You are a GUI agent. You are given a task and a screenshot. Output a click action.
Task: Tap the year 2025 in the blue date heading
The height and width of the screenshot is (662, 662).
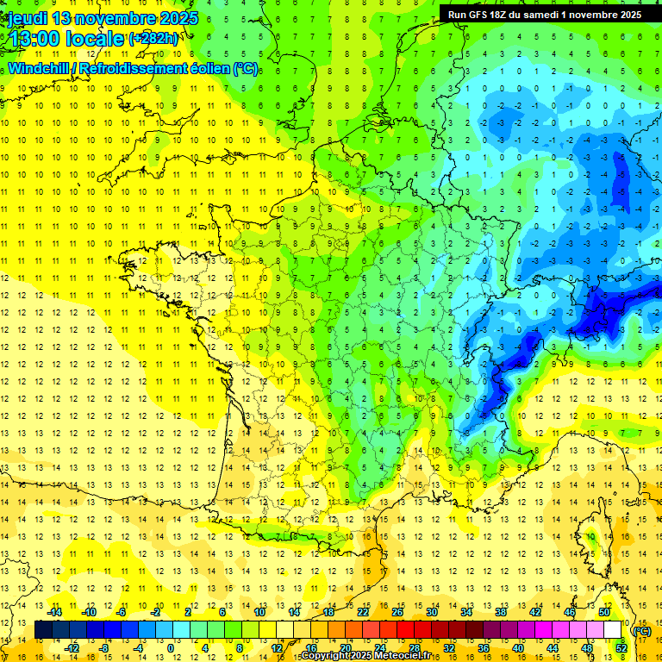point(178,18)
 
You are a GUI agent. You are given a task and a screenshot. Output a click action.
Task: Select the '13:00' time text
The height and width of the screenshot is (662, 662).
point(39,39)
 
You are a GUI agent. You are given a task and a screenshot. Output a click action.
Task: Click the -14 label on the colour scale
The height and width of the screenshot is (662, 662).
point(54,612)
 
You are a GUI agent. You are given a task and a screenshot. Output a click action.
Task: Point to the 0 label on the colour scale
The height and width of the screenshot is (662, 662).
point(170,647)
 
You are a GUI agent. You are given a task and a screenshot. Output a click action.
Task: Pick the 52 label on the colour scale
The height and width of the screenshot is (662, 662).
point(621,647)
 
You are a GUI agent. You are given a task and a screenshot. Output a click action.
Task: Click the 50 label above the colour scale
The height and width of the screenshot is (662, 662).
point(604,612)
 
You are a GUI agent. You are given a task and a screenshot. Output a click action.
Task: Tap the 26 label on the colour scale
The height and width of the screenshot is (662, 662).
point(398,612)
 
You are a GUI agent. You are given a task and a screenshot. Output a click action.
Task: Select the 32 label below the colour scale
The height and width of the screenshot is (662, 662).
point(449,647)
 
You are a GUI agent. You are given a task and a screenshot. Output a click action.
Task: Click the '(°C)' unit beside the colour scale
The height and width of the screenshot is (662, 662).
point(641,630)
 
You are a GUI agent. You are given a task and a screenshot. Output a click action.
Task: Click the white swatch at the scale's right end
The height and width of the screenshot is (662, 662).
point(613,630)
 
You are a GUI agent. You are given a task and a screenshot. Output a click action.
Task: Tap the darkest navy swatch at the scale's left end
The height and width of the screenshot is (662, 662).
point(43,630)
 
